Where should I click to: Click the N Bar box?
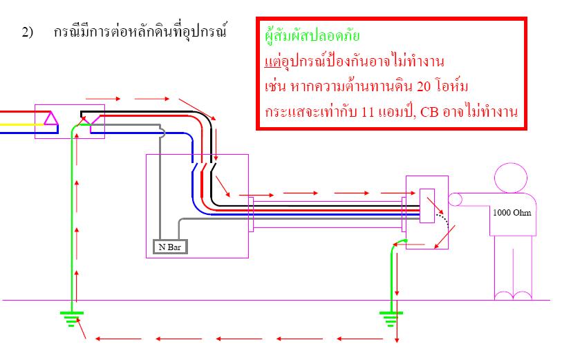pos(170,247)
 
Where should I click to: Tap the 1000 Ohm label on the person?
pos(512,212)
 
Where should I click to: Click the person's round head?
pos(511,178)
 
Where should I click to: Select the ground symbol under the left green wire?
pos(72,319)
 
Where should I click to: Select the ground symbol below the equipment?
pos(391,319)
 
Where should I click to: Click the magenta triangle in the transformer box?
pos(51,119)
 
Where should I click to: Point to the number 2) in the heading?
pos(27,32)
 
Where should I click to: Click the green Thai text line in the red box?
pos(312,36)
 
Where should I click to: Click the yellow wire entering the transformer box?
pos(22,124)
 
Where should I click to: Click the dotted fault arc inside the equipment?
pos(444,219)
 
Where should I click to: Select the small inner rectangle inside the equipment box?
pos(427,206)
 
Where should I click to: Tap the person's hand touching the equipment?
pos(455,200)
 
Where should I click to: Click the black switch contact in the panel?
pos(214,167)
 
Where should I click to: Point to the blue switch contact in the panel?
pos(194,167)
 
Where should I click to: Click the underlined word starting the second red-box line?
pos(273,62)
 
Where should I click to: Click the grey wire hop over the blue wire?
pos(162,133)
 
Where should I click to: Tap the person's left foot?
pos(503,295)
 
